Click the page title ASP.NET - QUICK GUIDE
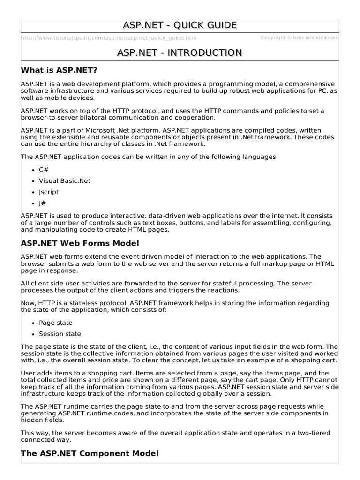coord(180,25)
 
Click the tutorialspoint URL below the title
coord(109,38)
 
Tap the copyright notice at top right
coord(300,38)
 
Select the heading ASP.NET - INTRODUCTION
coord(180,53)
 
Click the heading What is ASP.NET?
coord(59,70)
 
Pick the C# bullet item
coord(45,169)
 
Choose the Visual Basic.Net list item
coord(65,180)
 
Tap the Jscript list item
coord(49,192)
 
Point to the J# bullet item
coord(43,203)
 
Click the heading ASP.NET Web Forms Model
coord(80,243)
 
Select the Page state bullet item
coord(55,323)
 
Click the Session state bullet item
coord(60,334)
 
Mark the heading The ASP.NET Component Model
coord(90,453)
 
